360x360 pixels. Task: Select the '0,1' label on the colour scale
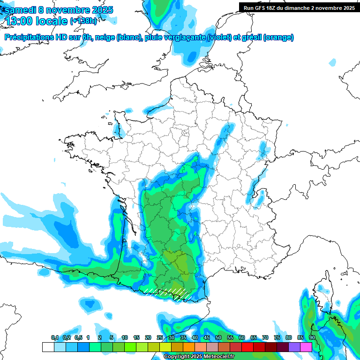pos(55,337)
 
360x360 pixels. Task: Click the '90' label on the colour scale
pos(312,337)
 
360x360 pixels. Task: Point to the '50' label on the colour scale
pos(218,337)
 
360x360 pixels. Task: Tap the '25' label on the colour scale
pos(160,337)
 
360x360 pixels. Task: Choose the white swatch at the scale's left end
pos(48,347)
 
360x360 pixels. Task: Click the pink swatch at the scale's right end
pos(306,347)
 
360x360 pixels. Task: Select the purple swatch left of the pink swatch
pos(294,347)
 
